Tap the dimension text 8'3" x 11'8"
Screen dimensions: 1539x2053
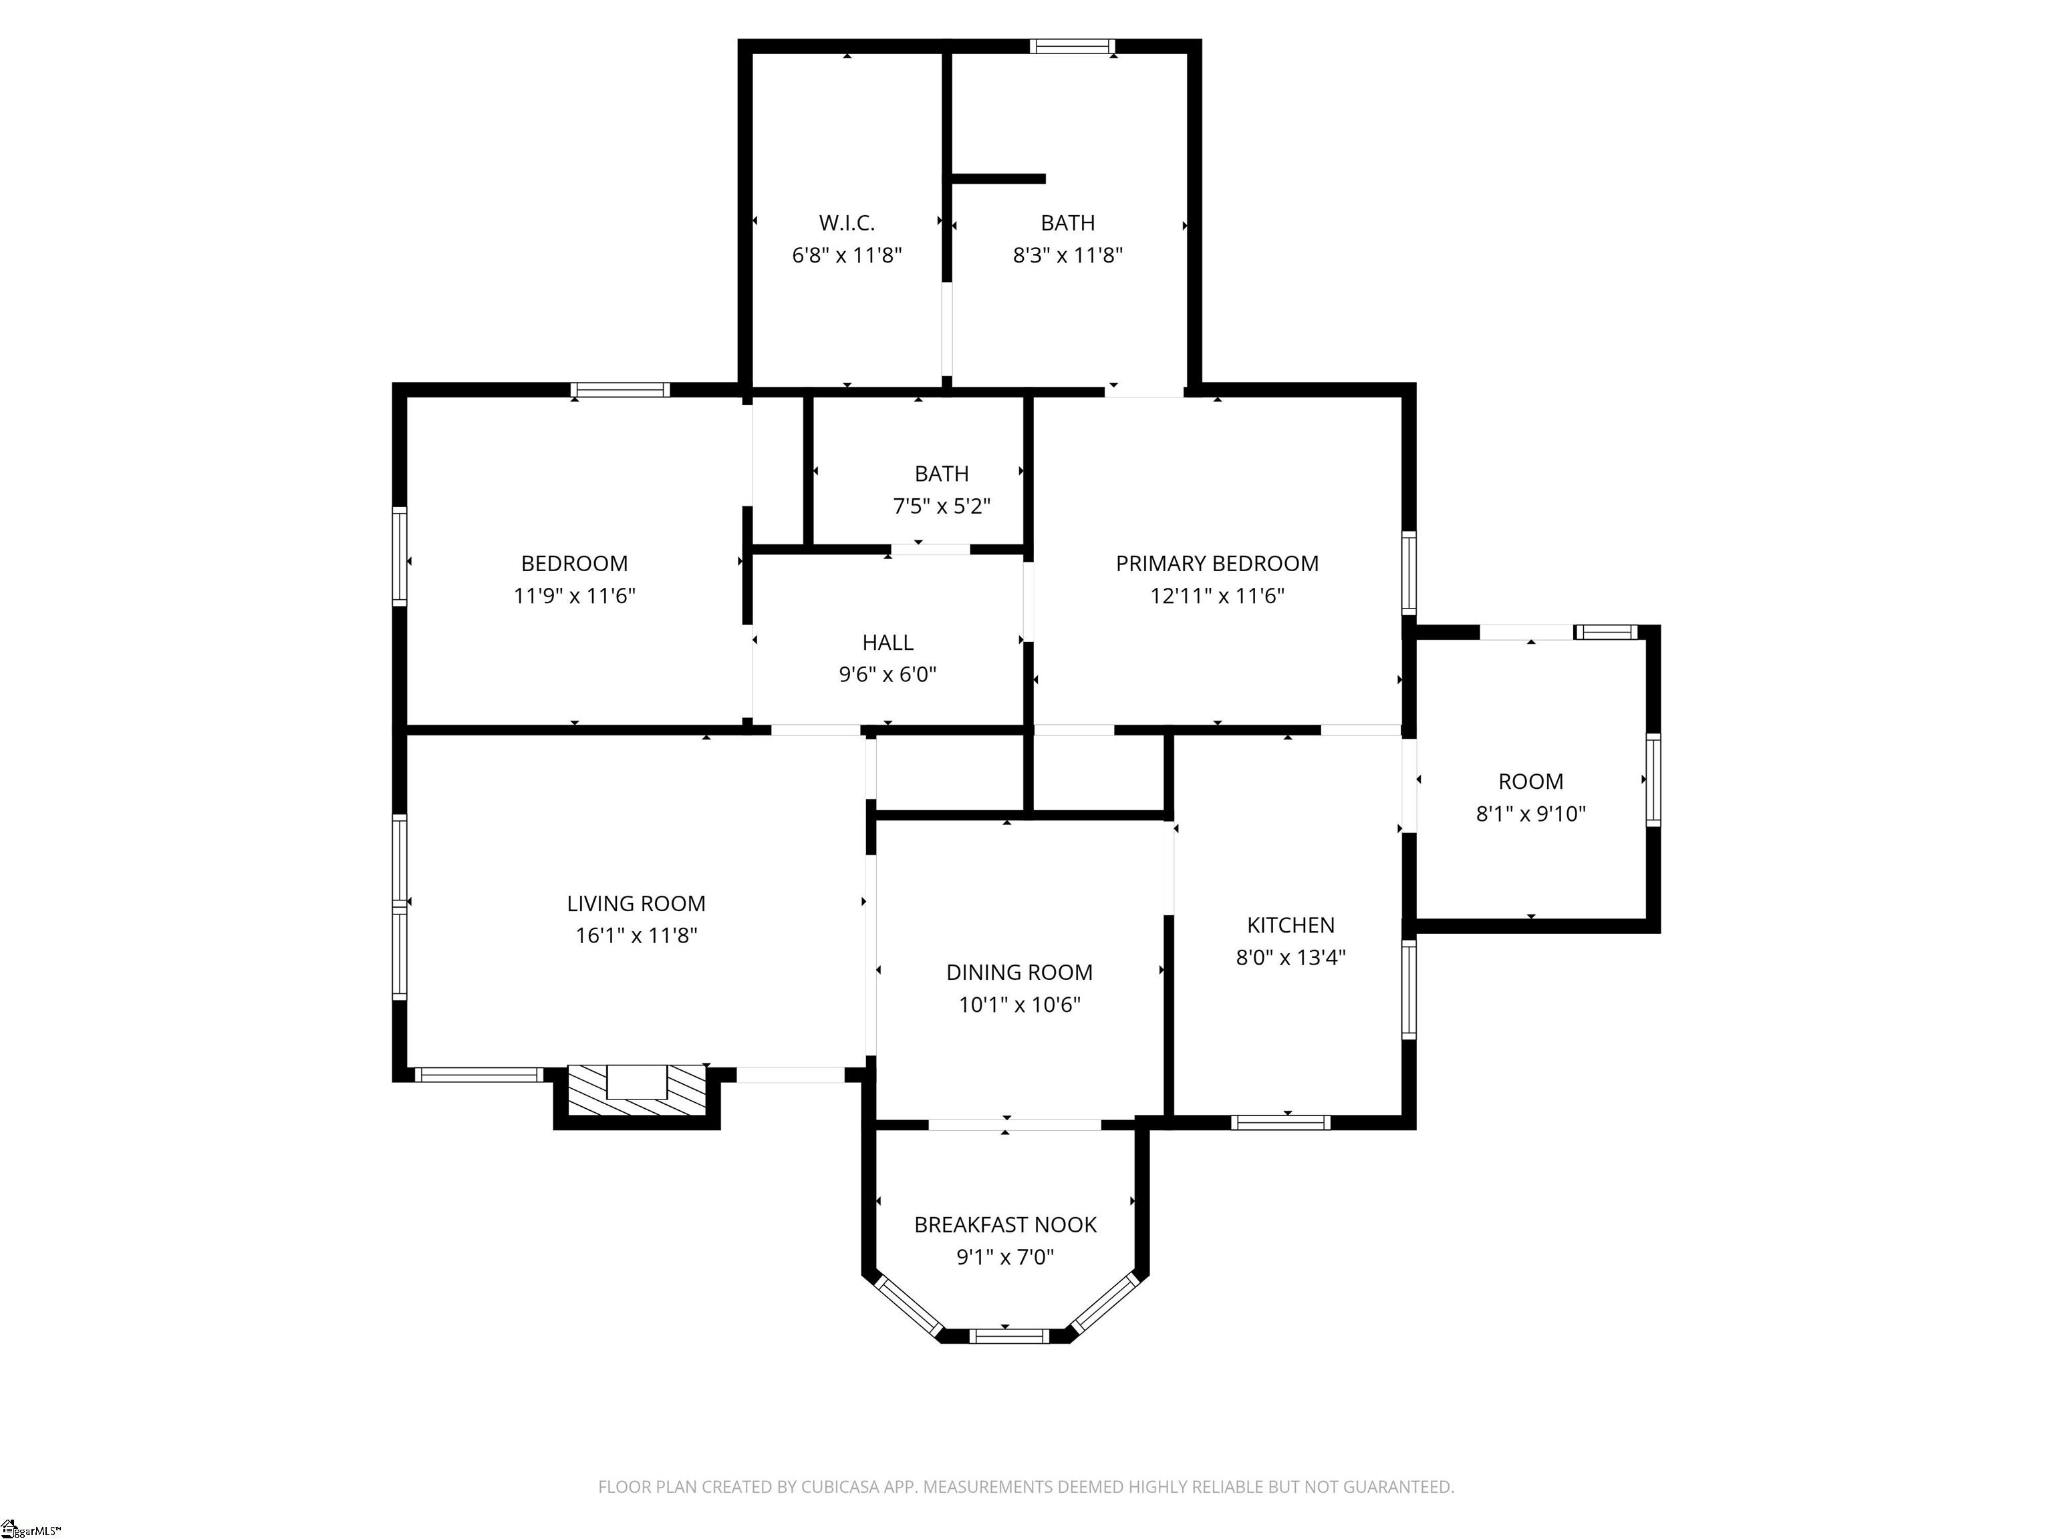tap(1067, 255)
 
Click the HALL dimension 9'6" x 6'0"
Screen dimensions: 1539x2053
tap(887, 675)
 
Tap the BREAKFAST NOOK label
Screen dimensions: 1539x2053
tap(1005, 1224)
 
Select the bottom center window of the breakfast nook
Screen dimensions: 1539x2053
tap(1009, 1336)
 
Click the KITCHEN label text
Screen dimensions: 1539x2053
tap(1290, 925)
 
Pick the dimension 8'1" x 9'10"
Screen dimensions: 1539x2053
tap(1530, 814)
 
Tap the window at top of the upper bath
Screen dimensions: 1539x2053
tap(1072, 46)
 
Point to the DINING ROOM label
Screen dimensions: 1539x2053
tap(1019, 972)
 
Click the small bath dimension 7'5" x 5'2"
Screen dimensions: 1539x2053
tap(941, 506)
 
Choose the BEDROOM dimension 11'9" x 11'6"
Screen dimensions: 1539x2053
tap(575, 596)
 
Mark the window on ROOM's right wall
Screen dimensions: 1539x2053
tap(1653, 780)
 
